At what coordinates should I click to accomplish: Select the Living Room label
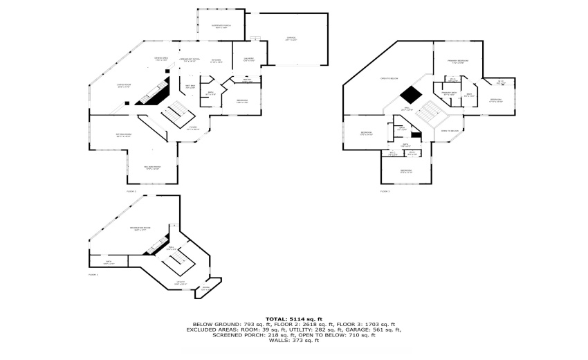point(125,86)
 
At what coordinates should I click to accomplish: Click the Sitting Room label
point(124,136)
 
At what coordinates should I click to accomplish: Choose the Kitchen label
point(216,60)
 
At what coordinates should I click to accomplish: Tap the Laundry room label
point(249,60)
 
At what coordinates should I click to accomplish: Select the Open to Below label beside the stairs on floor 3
point(450,131)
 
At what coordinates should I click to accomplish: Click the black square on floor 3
point(412,94)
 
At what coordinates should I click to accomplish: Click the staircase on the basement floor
point(173,262)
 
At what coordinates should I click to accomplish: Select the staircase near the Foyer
point(173,112)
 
